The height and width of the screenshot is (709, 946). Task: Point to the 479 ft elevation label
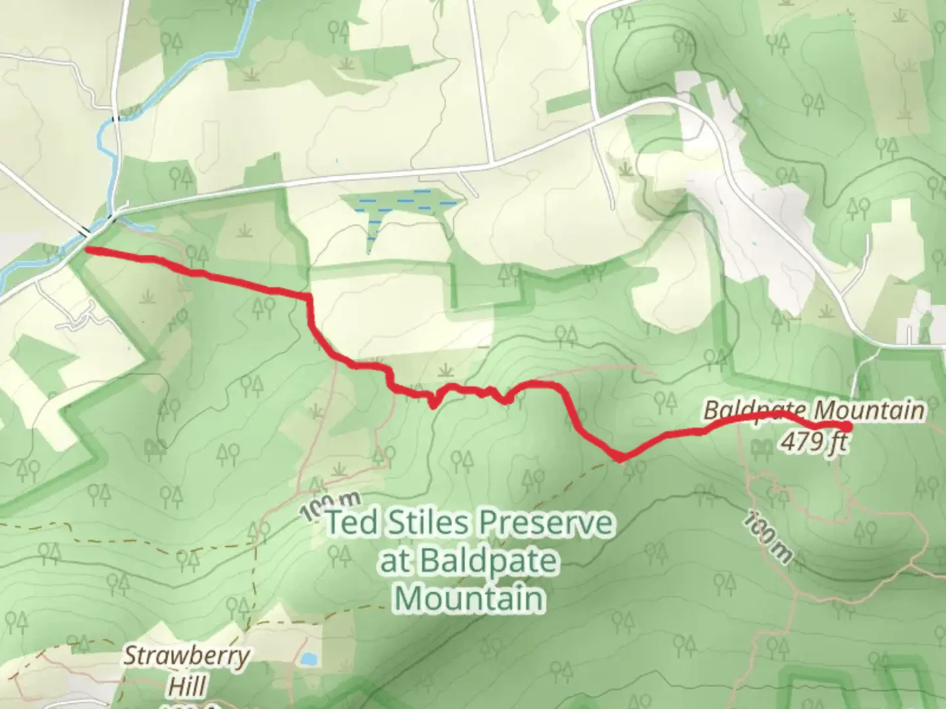[813, 442]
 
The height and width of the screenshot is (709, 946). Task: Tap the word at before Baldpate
[395, 561]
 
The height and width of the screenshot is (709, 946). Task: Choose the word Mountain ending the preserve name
[470, 599]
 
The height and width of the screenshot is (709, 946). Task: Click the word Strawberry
[187, 656]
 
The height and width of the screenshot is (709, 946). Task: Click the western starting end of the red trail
[88, 250]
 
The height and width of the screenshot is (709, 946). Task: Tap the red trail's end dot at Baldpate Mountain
[847, 427]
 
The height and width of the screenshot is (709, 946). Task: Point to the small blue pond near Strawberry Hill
[305, 658]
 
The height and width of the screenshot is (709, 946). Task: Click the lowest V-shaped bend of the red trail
[620, 458]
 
